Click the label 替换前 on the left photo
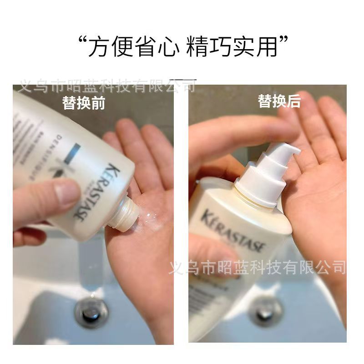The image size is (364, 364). [84, 103]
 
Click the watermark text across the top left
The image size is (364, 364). [105, 85]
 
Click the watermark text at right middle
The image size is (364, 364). [257, 267]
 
